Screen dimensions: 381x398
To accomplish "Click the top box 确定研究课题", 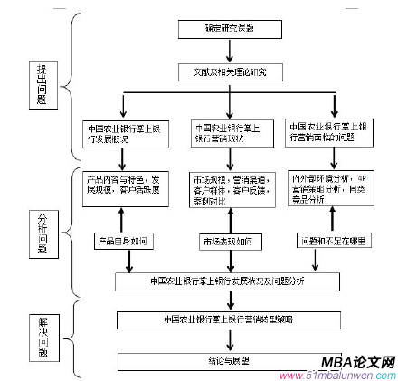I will pyautogui.click(x=229, y=28).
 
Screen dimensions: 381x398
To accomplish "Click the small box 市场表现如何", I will pyautogui.click(x=230, y=242).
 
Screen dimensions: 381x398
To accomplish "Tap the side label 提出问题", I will pyautogui.click(x=42, y=84).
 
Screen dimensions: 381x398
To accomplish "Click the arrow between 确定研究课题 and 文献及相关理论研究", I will pyautogui.click(x=229, y=49).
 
